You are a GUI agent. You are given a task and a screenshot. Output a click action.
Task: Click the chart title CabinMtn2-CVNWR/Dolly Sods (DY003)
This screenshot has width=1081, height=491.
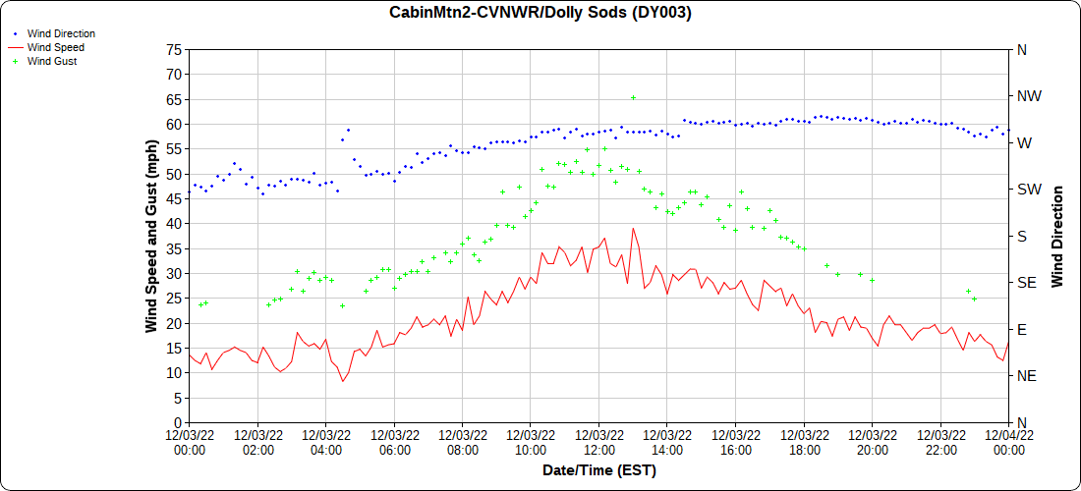pos(540,13)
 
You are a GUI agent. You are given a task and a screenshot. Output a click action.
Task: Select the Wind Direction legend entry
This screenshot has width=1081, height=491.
pos(61,33)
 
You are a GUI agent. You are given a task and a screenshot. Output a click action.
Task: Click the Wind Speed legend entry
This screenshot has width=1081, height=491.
pos(55,47)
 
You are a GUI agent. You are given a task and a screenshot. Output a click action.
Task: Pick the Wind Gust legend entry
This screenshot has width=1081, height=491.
pos(52,61)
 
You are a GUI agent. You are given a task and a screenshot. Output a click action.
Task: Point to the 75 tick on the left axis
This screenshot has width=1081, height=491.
pos(175,49)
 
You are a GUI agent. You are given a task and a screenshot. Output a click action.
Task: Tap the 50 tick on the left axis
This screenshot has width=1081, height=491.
pos(175,174)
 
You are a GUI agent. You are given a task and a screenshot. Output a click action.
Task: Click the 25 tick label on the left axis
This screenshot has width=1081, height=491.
pos(175,299)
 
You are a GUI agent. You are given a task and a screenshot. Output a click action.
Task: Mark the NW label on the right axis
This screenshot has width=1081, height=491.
pos(1028,96)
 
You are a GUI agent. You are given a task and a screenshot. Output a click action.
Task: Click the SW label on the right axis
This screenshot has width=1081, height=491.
pos(1028,190)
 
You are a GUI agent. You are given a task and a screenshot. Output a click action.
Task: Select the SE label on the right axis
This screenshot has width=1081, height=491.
pos(1026,283)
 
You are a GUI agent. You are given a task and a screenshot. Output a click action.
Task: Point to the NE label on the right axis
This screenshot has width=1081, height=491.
pos(1026,376)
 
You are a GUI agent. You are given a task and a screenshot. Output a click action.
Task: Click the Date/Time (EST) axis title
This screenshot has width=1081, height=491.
pos(598,470)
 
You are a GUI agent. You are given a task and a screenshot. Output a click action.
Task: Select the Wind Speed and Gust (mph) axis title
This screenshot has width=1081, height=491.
pos(151,236)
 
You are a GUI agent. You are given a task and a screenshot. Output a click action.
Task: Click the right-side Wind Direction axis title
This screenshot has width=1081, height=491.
pos(1057,236)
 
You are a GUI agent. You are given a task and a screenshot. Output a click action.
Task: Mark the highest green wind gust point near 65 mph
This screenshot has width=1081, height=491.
pos(633,97)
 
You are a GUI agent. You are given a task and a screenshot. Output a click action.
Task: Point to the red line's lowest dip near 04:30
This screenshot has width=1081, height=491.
pos(343,381)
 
